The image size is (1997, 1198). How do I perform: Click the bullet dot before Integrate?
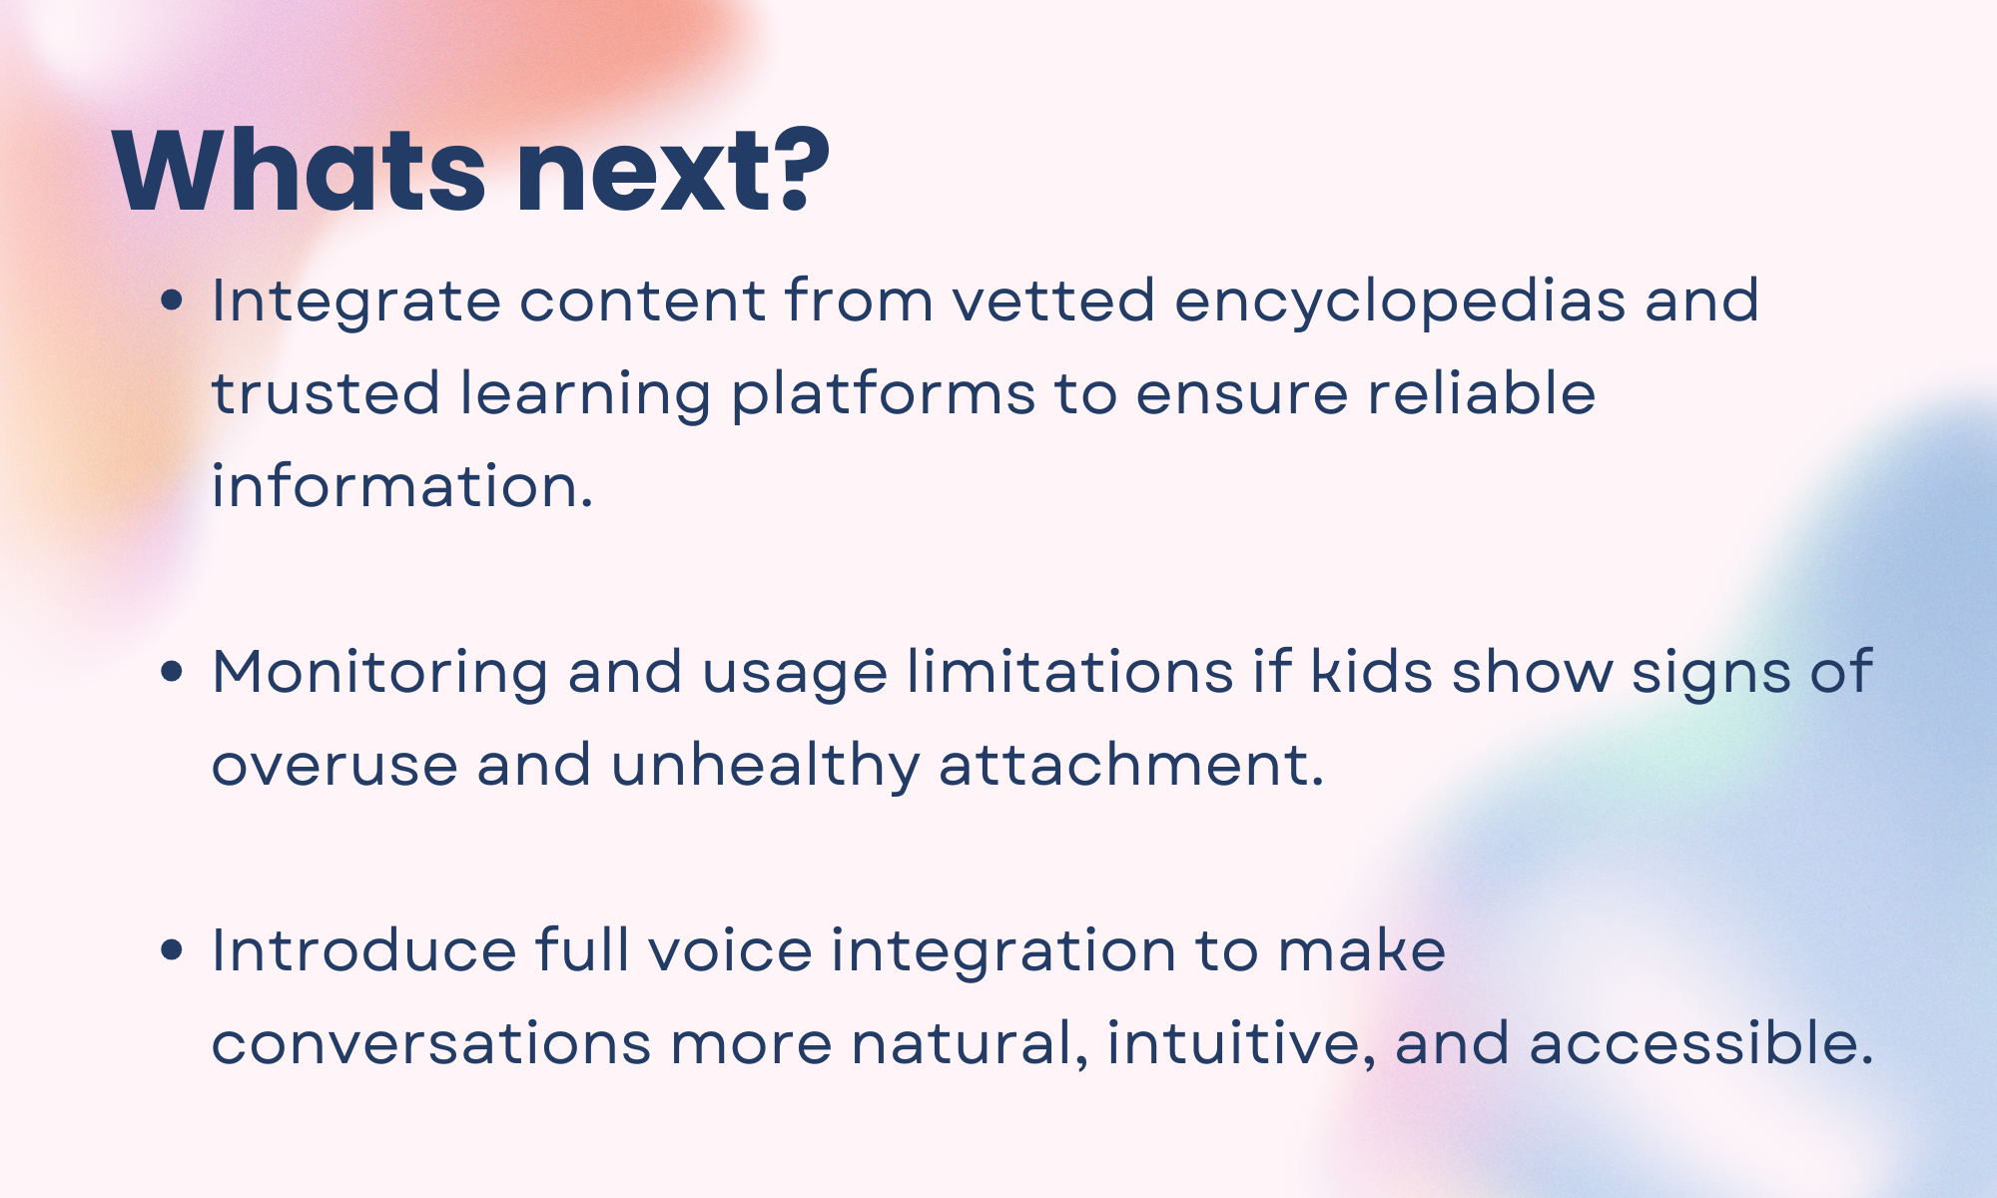tap(172, 300)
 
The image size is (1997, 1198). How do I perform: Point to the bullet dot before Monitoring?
tap(172, 672)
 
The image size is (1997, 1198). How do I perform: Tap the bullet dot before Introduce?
tap(172, 949)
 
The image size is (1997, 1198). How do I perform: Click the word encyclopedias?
tap(1400, 302)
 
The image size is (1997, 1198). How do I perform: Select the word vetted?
tap(1053, 300)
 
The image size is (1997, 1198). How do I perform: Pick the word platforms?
tap(884, 395)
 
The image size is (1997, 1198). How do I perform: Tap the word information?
tap(402, 486)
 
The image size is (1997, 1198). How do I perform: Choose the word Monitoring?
tap(380, 674)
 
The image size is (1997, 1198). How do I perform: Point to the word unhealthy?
tap(766, 767)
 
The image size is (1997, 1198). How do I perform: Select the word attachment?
tap(1131, 765)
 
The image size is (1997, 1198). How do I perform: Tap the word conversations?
tap(431, 1044)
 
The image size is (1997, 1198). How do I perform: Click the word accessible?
tap(1700, 1043)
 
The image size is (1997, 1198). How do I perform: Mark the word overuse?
tap(334, 767)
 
